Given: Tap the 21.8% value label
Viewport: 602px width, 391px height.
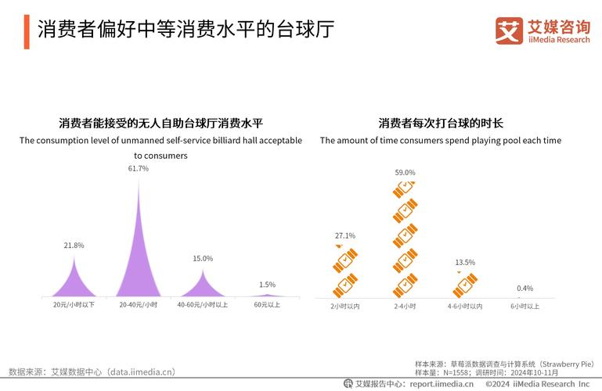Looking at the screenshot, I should pyautogui.click(x=74, y=246).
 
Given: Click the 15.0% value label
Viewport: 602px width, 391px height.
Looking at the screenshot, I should pyautogui.click(x=203, y=258).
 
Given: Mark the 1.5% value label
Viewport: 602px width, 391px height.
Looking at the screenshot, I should pyautogui.click(x=267, y=285).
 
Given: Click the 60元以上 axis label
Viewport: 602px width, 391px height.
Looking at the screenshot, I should pyautogui.click(x=267, y=304).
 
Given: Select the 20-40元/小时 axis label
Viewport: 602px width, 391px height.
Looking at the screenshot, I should pyautogui.click(x=139, y=304).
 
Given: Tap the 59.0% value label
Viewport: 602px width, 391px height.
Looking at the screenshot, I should pyautogui.click(x=405, y=172).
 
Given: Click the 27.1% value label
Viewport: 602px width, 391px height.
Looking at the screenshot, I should pyautogui.click(x=344, y=235).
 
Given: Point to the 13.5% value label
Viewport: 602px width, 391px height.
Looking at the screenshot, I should pyautogui.click(x=464, y=262).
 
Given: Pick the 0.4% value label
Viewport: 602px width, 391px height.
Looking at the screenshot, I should pyautogui.click(x=524, y=288).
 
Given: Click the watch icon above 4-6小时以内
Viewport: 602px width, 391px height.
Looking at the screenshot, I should pyautogui.click(x=465, y=284).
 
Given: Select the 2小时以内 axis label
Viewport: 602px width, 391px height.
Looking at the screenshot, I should pyautogui.click(x=344, y=306).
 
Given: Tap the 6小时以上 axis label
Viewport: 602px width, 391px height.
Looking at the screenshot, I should pyautogui.click(x=524, y=306).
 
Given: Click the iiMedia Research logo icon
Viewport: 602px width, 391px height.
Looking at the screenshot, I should pyautogui.click(x=509, y=30).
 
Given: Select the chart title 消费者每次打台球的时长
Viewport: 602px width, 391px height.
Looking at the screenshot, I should pyautogui.click(x=440, y=123).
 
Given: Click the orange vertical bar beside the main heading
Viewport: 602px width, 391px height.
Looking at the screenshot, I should pyautogui.click(x=26, y=30).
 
